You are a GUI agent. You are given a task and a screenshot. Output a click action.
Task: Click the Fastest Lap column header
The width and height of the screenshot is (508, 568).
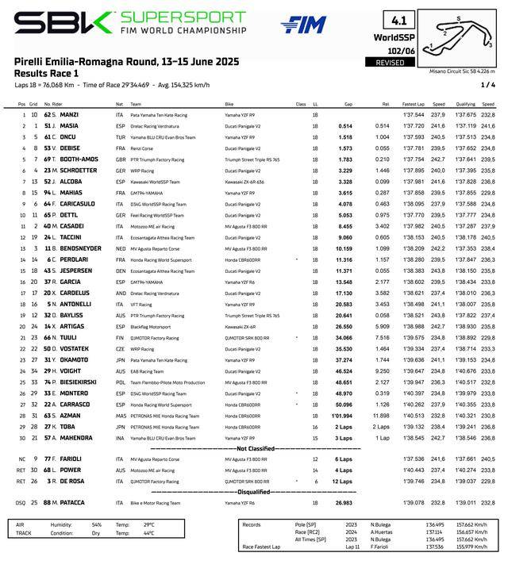(x=414, y=104)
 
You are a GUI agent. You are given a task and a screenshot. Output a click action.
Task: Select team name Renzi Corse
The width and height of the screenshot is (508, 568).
(x=143, y=148)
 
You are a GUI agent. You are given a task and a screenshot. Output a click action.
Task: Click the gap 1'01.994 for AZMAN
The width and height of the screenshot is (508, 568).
(x=343, y=415)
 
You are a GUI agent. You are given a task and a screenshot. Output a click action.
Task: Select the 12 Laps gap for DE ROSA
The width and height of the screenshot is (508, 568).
(x=343, y=480)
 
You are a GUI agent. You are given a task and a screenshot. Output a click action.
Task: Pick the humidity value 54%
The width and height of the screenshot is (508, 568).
(x=97, y=524)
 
